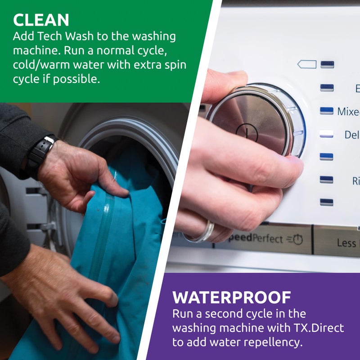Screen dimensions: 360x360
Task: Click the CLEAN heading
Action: click(41, 20)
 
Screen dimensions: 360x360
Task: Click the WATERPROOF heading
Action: click(232, 297)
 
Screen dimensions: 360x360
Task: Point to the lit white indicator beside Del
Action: click(327, 134)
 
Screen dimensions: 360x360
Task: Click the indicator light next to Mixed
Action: click(327, 111)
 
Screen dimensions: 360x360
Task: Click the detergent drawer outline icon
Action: click(307, 64)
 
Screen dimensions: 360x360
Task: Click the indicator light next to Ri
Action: click(327, 180)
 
